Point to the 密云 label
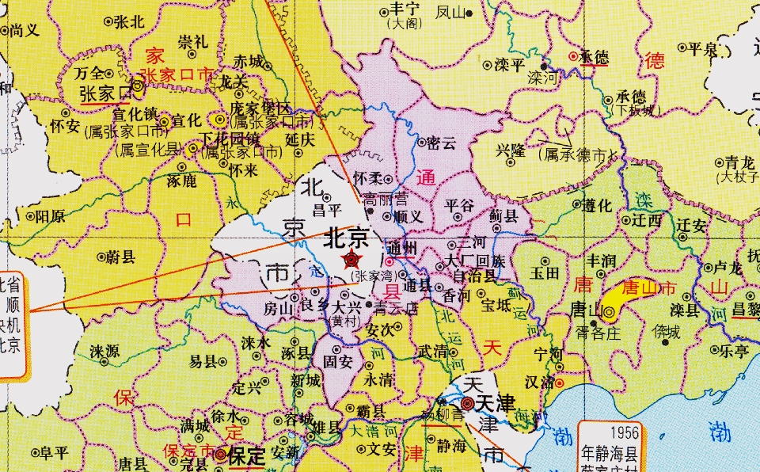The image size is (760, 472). point(442,144)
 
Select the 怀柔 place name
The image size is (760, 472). point(370,178)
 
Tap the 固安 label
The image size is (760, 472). point(336,363)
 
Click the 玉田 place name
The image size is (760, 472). point(545,274)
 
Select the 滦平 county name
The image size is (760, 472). point(510,65)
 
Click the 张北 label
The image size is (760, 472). point(129,22)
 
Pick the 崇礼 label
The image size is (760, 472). point(193,41)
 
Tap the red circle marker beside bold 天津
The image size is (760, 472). point(468,404)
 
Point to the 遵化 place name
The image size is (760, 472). point(597,206)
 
